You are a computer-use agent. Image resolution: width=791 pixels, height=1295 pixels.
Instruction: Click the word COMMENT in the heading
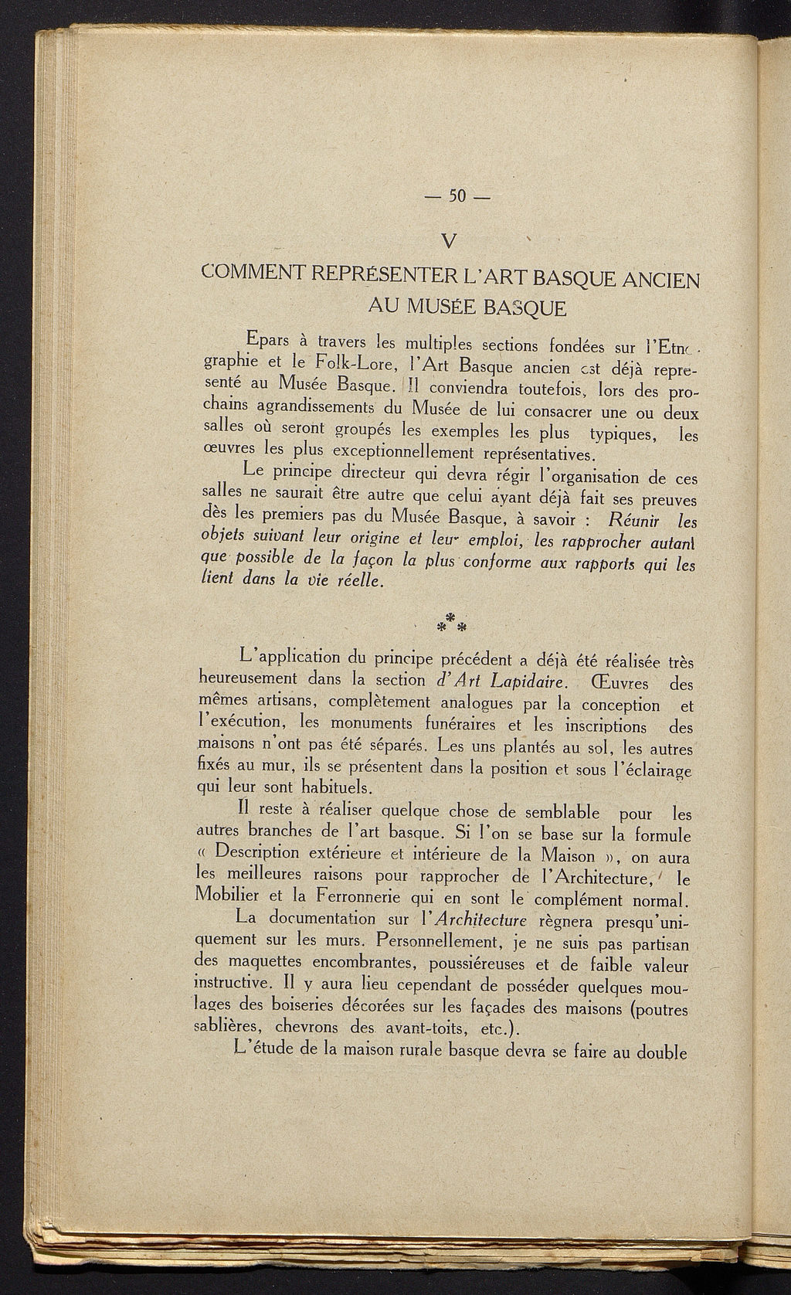point(250,274)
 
